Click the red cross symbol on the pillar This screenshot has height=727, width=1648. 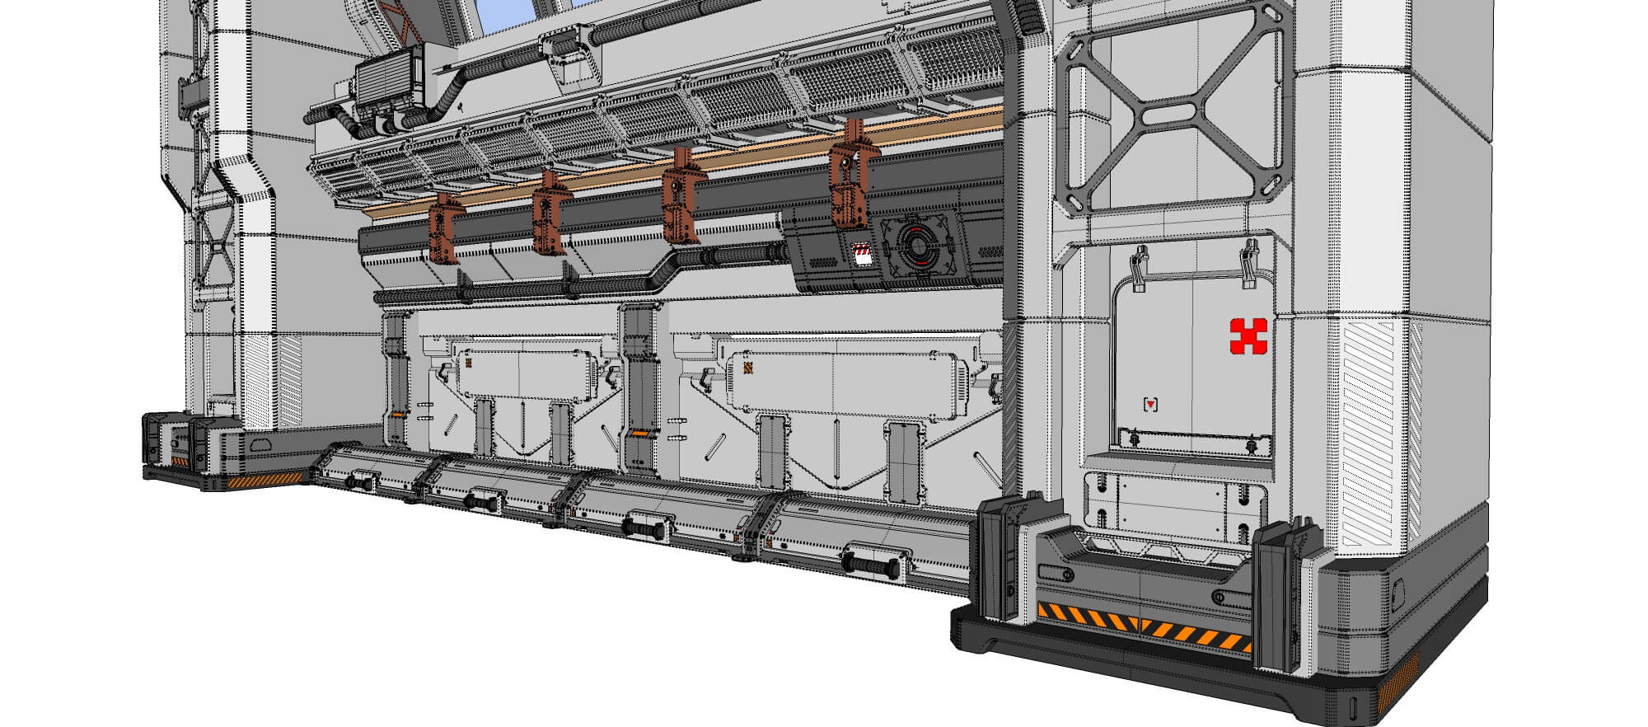[1248, 336]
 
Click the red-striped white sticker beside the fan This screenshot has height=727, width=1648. [863, 254]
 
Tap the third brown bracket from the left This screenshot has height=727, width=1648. [681, 198]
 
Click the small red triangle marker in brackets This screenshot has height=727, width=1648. [1151, 404]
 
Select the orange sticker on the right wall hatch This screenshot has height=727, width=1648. [748, 368]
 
